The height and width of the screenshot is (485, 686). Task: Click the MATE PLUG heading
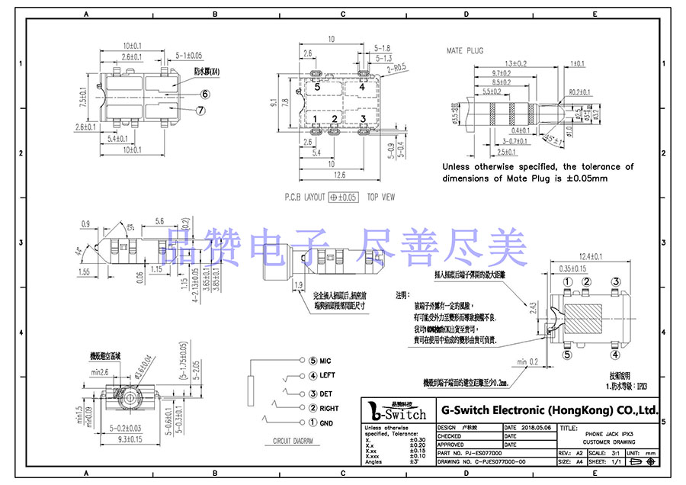tap(465, 50)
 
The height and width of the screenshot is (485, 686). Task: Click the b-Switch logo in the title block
tap(397, 413)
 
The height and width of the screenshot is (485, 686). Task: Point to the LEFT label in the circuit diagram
tap(328, 375)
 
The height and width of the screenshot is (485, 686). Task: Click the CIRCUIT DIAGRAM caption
tap(293, 442)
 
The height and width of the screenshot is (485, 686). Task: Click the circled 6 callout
tap(205, 95)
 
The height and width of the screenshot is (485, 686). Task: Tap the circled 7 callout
tap(201, 110)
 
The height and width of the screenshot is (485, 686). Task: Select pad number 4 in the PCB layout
tap(362, 87)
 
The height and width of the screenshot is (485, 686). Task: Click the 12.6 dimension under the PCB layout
tap(340, 175)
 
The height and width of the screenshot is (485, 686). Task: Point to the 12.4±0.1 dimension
tap(595, 255)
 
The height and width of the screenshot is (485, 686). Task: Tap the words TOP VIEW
tap(381, 197)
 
